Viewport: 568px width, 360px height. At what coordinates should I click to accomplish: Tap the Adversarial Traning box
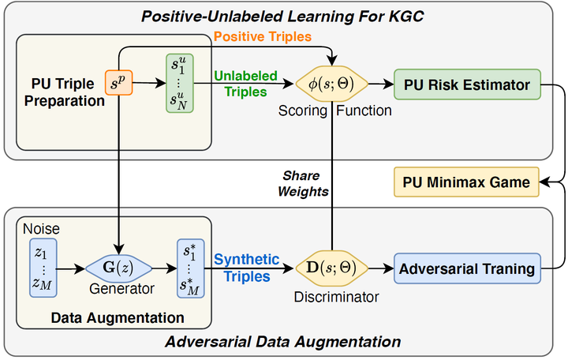point(466,268)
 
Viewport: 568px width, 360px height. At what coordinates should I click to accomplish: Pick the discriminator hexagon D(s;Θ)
point(331,268)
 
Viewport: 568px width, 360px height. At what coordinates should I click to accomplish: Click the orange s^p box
point(118,82)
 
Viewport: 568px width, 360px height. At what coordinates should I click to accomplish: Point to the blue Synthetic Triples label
point(247,267)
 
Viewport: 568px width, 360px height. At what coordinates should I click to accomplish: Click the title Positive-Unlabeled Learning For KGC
point(282,13)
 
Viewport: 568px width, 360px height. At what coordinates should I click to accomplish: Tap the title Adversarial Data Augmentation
point(282,342)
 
